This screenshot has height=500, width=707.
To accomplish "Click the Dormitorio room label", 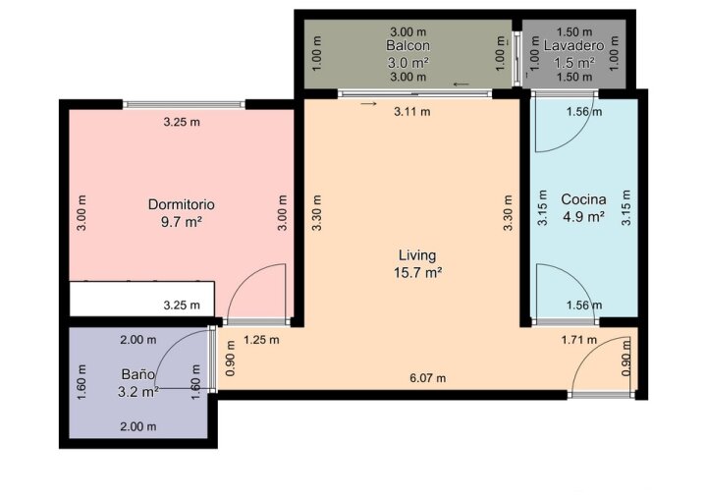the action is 182,204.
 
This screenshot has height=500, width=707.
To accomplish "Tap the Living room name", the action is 417,255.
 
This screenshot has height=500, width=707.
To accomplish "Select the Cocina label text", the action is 583,199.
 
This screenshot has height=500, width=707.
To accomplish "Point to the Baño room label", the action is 138,374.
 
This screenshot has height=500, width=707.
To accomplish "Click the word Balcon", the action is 408,45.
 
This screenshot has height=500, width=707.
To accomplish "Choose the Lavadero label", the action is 574,45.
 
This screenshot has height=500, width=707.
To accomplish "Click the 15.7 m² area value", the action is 417,272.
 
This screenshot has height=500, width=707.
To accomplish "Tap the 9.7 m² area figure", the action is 182,222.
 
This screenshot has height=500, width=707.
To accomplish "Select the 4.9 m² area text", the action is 583,217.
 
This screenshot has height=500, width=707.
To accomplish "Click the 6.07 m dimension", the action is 428,378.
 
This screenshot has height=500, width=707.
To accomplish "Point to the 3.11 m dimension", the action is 412,111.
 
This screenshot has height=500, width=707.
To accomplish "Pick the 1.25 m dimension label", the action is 261,340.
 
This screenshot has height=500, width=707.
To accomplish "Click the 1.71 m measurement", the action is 579,339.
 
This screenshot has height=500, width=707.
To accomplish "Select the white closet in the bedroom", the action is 142,299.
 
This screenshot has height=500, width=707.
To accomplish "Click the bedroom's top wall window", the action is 184,105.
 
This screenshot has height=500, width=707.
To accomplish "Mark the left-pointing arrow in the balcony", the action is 462,83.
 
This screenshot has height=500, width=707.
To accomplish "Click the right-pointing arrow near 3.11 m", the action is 368,104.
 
